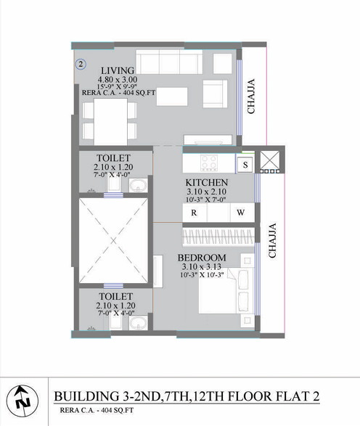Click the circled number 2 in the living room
tap(81, 65)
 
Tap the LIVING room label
tap(118, 70)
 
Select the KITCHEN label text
tap(207, 182)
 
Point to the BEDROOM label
tap(202, 258)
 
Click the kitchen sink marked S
tap(245, 165)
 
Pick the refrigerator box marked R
tap(195, 213)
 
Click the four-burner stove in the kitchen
tap(209, 163)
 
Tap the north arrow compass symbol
tap(22, 401)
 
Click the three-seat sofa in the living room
tap(169, 62)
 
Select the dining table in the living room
tap(110, 121)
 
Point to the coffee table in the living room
tap(172, 97)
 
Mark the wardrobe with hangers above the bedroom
tap(218, 237)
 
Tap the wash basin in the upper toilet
tap(139, 185)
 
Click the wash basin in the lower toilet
tap(139, 323)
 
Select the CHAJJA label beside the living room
tap(251, 97)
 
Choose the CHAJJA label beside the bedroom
tap(272, 240)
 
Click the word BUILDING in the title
tap(86, 396)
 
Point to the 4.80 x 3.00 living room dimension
tap(118, 80)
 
